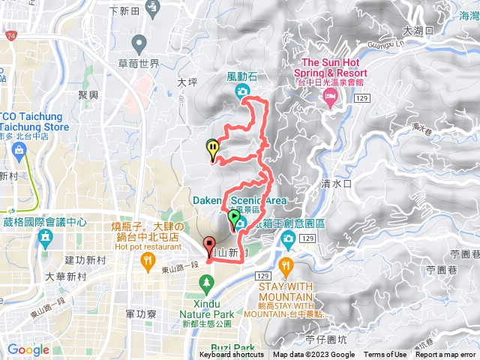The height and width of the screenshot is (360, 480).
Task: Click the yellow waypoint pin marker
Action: [213, 148]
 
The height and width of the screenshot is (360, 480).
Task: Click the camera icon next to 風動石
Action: [242, 91]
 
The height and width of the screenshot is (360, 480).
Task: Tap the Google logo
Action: [28, 349]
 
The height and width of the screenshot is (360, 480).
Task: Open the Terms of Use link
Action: [385, 355]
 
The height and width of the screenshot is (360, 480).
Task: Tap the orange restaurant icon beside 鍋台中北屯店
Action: [148, 259]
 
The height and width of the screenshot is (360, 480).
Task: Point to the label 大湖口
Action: [418, 31]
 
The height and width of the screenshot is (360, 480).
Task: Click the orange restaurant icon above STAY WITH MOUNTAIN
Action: [286, 265]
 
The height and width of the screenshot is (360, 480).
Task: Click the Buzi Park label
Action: [233, 348]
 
